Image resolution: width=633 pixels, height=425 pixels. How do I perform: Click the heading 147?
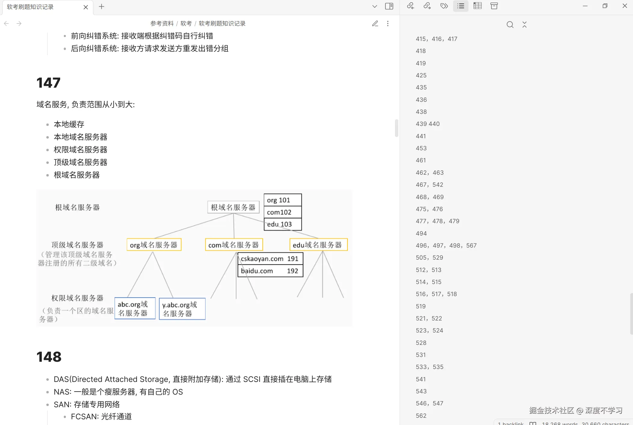click(x=48, y=83)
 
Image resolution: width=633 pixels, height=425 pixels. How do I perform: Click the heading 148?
click(x=49, y=357)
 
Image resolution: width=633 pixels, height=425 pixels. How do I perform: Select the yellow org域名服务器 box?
click(x=154, y=245)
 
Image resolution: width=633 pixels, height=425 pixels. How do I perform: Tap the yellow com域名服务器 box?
click(x=234, y=245)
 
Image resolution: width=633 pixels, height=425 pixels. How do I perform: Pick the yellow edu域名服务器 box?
click(x=318, y=245)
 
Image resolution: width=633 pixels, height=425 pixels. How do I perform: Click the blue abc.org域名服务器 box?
click(x=135, y=308)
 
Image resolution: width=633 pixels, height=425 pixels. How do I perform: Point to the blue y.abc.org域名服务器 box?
click(x=182, y=309)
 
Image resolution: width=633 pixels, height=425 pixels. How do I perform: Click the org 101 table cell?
click(x=283, y=200)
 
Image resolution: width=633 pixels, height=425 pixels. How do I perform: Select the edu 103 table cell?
click(x=283, y=224)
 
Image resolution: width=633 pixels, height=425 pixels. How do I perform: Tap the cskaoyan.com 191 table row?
click(x=270, y=259)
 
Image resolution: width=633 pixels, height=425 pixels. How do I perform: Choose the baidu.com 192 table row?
click(x=270, y=271)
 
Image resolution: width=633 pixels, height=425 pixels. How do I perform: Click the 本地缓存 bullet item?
click(x=69, y=124)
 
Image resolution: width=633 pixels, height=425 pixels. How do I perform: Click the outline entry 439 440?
click(x=428, y=124)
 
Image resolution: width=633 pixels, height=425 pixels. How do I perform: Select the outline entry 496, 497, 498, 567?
click(x=446, y=245)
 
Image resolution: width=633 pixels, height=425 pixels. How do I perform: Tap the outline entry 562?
click(x=421, y=416)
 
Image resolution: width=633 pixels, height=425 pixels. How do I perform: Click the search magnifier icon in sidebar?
click(x=510, y=24)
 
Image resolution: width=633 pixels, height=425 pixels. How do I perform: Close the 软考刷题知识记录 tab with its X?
click(x=86, y=7)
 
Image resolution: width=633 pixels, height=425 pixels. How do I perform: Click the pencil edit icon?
click(x=375, y=23)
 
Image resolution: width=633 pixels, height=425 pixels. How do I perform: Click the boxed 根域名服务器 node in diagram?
click(x=233, y=207)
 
